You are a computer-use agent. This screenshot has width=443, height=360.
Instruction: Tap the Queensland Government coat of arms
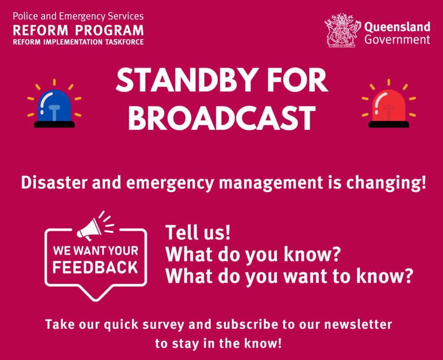coord(343,30)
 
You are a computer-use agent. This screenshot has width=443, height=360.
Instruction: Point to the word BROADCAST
coord(222,118)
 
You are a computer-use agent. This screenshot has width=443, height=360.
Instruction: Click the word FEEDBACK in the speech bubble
coord(95,267)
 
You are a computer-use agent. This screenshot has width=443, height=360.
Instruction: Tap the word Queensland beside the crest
coord(397,27)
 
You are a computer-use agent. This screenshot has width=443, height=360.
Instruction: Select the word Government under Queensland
coord(397,39)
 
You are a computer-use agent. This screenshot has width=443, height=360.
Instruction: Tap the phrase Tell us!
coord(198,232)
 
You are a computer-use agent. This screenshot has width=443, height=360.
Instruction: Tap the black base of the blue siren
coord(54,124)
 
